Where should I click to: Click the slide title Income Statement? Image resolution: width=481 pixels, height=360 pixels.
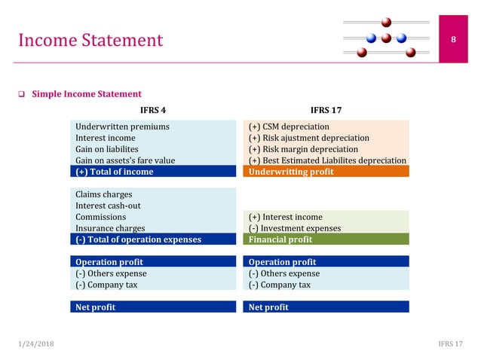pyautogui.click(x=90, y=40)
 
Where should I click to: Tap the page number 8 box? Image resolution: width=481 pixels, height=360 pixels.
pyautogui.click(x=454, y=39)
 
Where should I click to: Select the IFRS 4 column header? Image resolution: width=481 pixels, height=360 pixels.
pyautogui.click(x=153, y=110)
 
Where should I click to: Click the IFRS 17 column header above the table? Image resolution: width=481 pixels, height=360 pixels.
pyautogui.click(x=326, y=110)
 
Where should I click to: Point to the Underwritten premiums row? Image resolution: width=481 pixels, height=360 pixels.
pyautogui.click(x=122, y=127)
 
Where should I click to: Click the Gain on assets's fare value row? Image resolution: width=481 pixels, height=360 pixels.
pyautogui.click(x=125, y=160)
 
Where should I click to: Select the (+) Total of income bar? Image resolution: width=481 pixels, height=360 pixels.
pyautogui.click(x=154, y=172)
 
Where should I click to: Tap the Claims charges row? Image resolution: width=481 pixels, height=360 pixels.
pyautogui.click(x=103, y=194)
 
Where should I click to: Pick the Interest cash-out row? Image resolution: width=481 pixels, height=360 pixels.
pyautogui.click(x=108, y=206)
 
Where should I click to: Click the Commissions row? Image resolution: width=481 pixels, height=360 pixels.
pyautogui.click(x=100, y=217)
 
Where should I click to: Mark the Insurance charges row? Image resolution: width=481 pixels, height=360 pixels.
pyautogui.click(x=110, y=228)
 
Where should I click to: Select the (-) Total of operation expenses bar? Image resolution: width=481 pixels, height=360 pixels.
pyautogui.click(x=154, y=239)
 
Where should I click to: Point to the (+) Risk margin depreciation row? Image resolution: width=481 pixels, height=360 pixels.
pyautogui.click(x=303, y=149)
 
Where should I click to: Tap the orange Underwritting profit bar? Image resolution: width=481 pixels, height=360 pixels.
pyautogui.click(x=326, y=172)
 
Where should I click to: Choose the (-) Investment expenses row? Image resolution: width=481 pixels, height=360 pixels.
pyautogui.click(x=295, y=228)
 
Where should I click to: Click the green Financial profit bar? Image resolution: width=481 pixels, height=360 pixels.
pyautogui.click(x=326, y=239)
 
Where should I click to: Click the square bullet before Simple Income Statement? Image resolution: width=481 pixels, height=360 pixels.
pyautogui.click(x=22, y=94)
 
